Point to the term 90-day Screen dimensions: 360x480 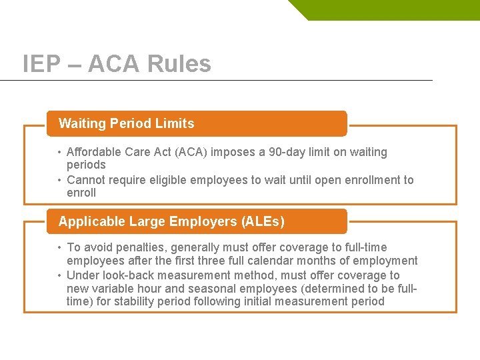point(289,152)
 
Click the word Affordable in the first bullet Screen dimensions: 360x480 point(94,152)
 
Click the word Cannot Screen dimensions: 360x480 point(86,180)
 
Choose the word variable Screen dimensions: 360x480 point(113,288)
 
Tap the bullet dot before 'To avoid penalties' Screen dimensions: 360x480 point(60,248)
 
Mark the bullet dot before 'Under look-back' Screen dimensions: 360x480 point(60,276)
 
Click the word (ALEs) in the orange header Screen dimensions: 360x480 point(262,221)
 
